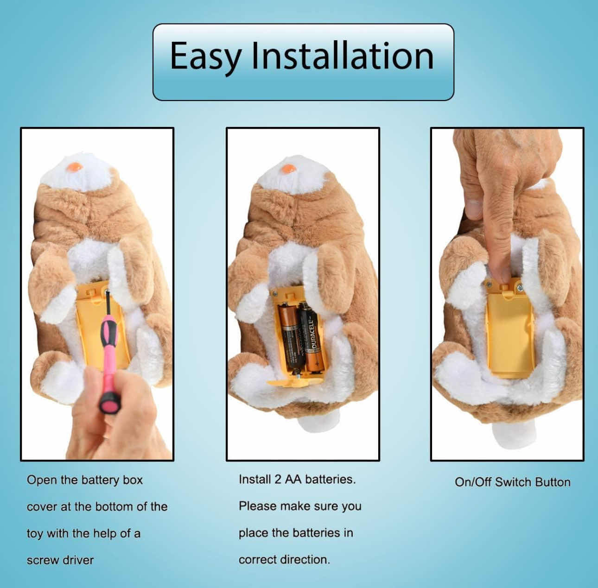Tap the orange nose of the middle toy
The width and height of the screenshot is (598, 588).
coord(288,169)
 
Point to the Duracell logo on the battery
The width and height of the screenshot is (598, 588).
coord(314,334)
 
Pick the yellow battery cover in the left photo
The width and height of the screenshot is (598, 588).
coord(102,326)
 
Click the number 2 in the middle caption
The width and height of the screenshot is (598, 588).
coord(278,480)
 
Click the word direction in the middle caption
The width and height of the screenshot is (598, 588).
coord(305,559)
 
